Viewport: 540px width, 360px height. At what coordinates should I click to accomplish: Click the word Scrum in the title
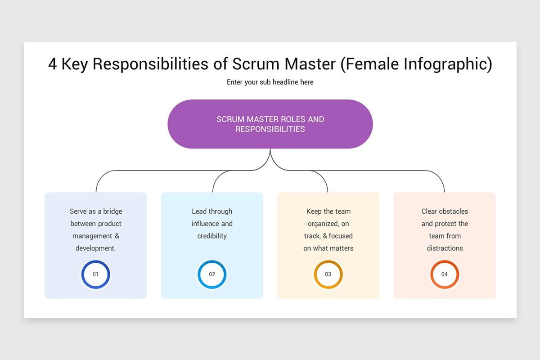(x=256, y=64)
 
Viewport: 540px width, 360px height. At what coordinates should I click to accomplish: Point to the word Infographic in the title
(x=445, y=65)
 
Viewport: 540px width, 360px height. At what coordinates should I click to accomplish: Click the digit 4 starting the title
(x=53, y=64)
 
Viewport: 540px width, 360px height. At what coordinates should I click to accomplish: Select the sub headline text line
(x=270, y=82)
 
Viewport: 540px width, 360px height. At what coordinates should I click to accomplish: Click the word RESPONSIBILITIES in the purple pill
(x=270, y=129)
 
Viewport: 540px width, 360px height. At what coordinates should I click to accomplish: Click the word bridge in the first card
(x=112, y=211)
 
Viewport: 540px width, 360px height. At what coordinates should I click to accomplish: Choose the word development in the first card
(x=95, y=248)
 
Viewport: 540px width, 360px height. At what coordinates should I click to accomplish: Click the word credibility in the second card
(x=212, y=236)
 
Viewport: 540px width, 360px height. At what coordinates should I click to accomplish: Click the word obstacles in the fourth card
(x=454, y=211)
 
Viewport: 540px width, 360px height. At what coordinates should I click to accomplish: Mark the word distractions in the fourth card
(x=445, y=248)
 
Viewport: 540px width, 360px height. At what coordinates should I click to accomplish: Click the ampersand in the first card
(x=117, y=236)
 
